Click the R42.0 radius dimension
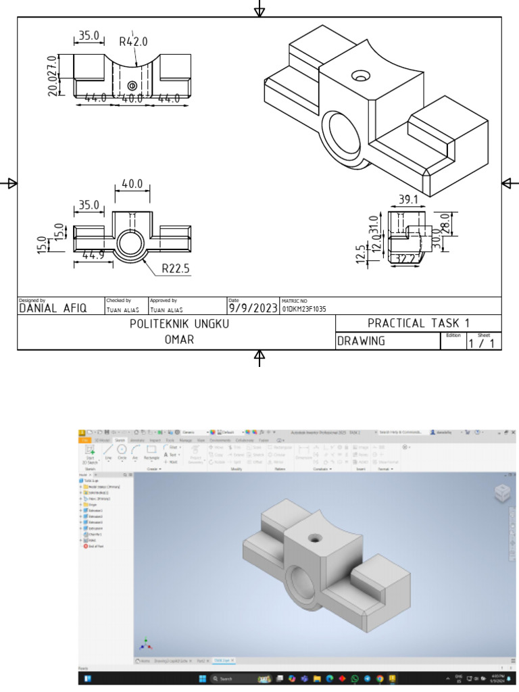(133, 41)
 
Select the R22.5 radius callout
(176, 269)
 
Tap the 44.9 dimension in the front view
(93, 255)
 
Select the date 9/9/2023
(253, 308)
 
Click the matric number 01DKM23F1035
(304, 309)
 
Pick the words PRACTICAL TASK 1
(418, 323)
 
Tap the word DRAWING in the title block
(362, 341)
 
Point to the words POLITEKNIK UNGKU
(179, 324)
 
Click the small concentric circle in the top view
(132, 85)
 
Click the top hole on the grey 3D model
(314, 538)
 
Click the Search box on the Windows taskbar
(230, 678)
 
